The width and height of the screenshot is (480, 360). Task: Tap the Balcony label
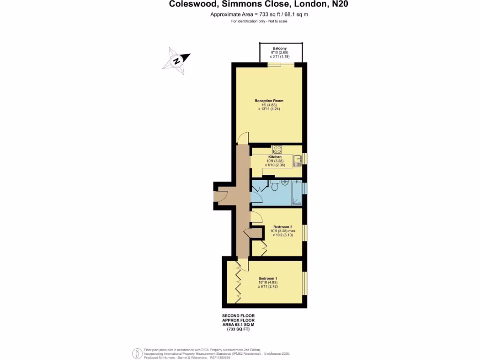click(x=280, y=48)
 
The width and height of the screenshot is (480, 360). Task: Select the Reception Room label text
click(x=269, y=101)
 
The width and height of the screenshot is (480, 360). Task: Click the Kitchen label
click(x=275, y=157)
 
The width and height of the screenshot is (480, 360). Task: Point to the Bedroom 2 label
click(x=282, y=227)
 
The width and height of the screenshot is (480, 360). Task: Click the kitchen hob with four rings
click(x=276, y=150)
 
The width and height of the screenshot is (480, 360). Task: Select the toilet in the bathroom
click(x=276, y=186)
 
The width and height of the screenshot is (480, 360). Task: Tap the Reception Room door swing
click(x=243, y=138)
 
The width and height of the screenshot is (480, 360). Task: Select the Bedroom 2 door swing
click(x=255, y=216)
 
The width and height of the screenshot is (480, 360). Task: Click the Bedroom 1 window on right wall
click(x=305, y=283)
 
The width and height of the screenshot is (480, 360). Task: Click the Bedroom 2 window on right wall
click(x=305, y=233)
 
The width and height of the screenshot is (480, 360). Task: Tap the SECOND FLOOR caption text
click(x=238, y=316)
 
